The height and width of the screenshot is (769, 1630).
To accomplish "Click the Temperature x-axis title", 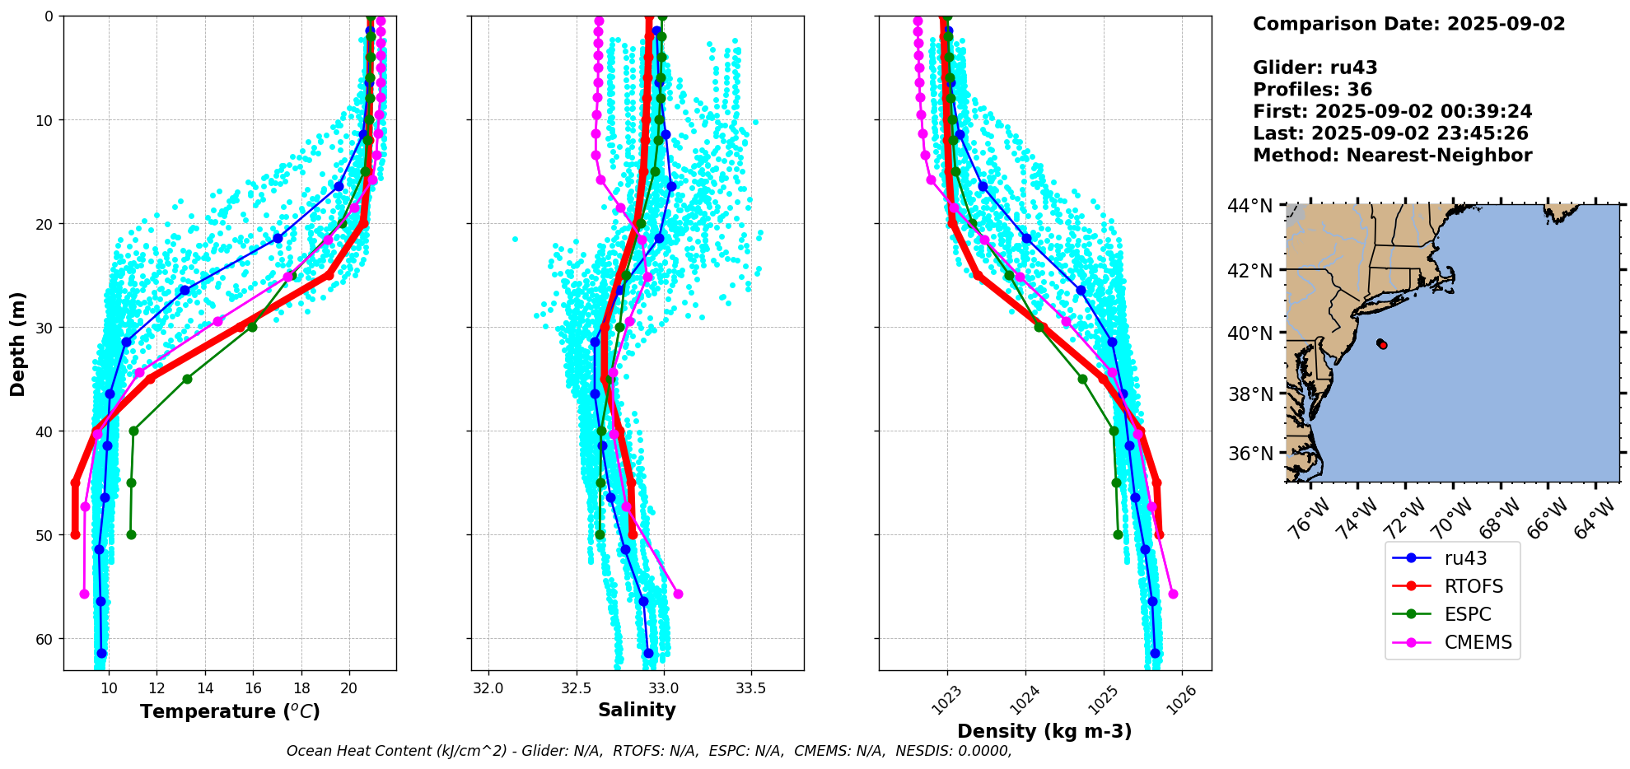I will click(230, 711).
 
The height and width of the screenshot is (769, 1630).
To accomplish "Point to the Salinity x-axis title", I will click(637, 710).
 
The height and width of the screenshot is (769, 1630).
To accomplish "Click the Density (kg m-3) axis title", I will click(1044, 731).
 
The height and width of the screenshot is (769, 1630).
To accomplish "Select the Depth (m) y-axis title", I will click(18, 343).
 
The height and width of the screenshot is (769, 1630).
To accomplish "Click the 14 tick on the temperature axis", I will click(205, 688).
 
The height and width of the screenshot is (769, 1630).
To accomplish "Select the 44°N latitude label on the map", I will click(1250, 206).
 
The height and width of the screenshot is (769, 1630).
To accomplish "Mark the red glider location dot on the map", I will click(1382, 344).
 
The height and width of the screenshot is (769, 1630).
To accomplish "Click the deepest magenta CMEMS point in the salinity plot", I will click(678, 594).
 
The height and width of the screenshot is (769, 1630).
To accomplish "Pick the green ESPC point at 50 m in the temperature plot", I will click(131, 535).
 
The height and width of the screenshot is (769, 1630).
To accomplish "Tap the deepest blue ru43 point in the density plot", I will click(1155, 653).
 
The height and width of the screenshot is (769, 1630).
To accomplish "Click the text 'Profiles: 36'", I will click(1312, 90).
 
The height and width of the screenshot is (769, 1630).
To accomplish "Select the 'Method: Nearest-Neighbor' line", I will click(1392, 156).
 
